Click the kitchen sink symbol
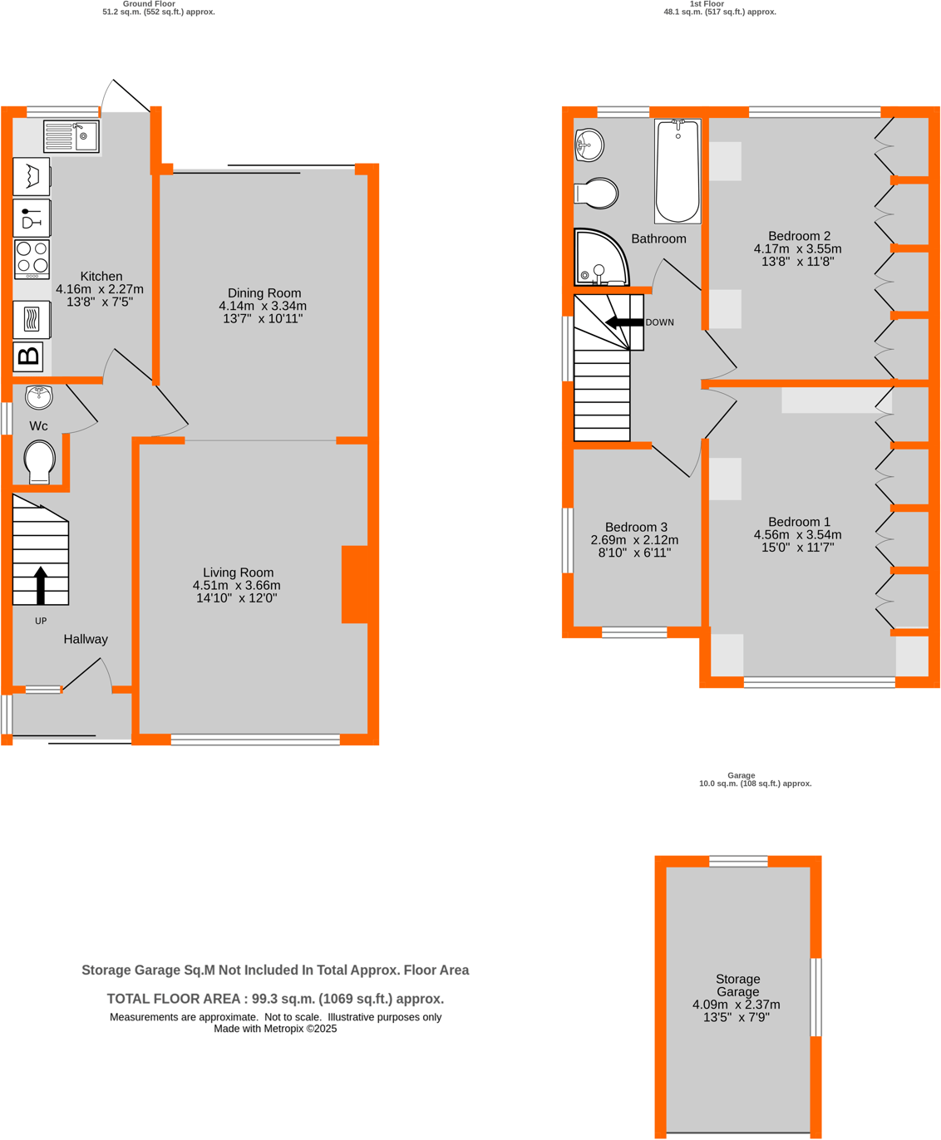point(71,136)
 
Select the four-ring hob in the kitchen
point(32,258)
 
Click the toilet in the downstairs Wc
point(39,461)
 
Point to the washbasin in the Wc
point(39,397)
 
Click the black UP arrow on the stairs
point(40,585)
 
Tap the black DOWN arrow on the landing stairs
point(623,322)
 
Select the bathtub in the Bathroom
point(677,171)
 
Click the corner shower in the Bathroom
point(600,258)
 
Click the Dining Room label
point(264,293)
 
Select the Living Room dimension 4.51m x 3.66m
point(237,585)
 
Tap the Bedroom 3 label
point(636,527)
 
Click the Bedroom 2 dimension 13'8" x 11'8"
point(797,261)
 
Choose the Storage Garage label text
point(737,985)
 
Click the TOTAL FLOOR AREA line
point(275,999)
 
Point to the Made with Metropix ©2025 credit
point(275,1029)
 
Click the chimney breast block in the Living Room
point(355,584)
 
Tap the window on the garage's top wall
point(738,862)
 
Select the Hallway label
point(86,639)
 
